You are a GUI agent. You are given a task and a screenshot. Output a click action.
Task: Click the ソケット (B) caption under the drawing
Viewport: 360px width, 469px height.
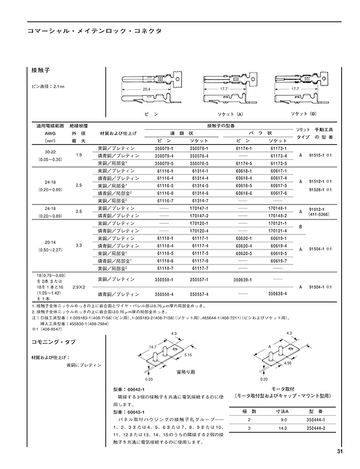click(302, 113)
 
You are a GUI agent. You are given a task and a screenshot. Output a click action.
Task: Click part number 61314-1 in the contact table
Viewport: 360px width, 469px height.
click(200, 171)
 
